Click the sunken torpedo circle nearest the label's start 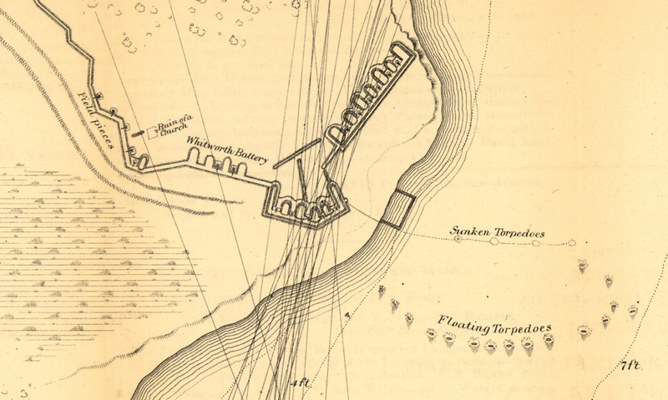458,240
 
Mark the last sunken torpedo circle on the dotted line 573,243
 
